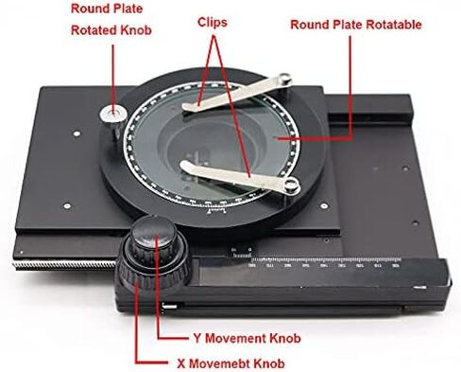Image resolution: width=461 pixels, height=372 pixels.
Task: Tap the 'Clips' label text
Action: [218, 20]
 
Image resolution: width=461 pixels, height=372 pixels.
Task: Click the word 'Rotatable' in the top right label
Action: [398, 23]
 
